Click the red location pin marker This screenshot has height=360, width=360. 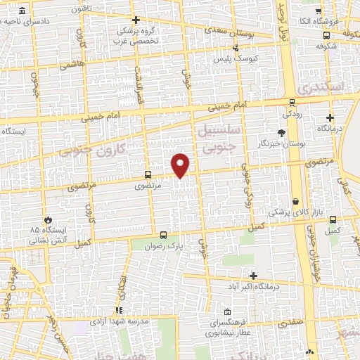pyautogui.click(x=181, y=165)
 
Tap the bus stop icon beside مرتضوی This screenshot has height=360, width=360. pyautogui.click(x=148, y=174)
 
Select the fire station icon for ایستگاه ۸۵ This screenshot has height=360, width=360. pyautogui.click(x=48, y=219)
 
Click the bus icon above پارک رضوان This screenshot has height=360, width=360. pyautogui.click(x=164, y=236)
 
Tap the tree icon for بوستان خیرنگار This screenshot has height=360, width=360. pyautogui.click(x=282, y=132)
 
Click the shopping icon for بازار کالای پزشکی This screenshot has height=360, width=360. pyautogui.click(x=296, y=201)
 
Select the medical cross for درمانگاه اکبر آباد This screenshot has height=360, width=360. pyautogui.click(x=254, y=276)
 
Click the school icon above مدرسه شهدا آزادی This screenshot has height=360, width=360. pyautogui.click(x=119, y=309)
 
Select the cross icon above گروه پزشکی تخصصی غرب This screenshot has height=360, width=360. pyautogui.click(x=136, y=20)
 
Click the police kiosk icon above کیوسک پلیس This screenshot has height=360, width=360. pyautogui.click(x=236, y=48)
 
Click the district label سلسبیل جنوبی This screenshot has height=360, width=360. pyautogui.click(x=221, y=139)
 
